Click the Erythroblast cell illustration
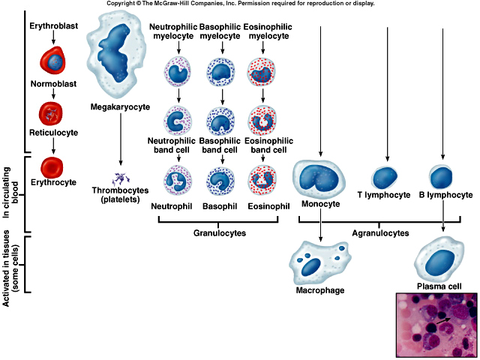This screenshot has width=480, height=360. click(x=53, y=58)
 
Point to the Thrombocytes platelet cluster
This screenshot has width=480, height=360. click(x=120, y=180)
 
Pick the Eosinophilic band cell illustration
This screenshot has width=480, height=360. click(x=262, y=121)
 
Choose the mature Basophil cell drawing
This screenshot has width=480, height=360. click(x=220, y=180)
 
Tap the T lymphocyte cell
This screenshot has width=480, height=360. click(x=386, y=177)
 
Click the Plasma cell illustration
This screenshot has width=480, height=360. click(x=442, y=259)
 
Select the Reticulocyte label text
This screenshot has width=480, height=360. click(x=53, y=132)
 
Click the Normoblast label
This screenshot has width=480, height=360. click(x=53, y=85)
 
